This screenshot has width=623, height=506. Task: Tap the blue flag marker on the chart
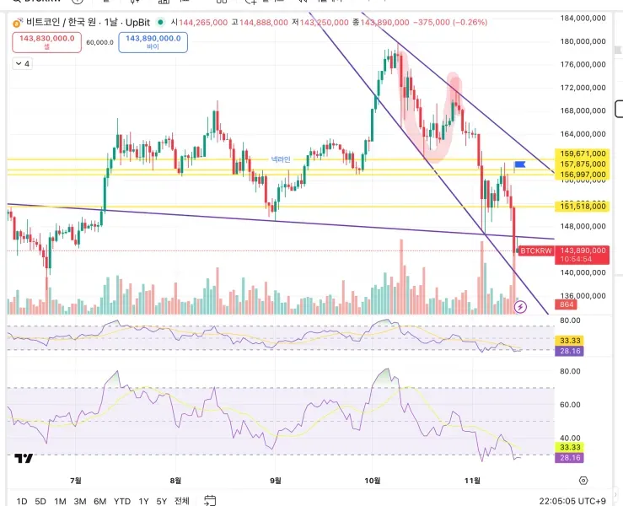pyautogui.click(x=519, y=164)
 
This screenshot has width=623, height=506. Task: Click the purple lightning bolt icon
pyautogui.click(x=520, y=307)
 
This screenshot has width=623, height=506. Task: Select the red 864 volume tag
pyautogui.click(x=565, y=304)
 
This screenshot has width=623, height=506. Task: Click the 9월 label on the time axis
pyautogui.click(x=274, y=480)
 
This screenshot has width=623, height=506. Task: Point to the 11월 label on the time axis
pyautogui.click(x=473, y=480)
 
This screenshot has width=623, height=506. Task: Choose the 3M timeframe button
pyautogui.click(x=80, y=501)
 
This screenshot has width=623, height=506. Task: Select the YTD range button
pyautogui.click(x=122, y=501)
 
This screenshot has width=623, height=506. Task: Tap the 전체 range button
pyautogui.click(x=181, y=501)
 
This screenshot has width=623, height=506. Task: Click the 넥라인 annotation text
pyautogui.click(x=281, y=159)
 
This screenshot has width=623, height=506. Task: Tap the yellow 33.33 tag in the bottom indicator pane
pyautogui.click(x=571, y=447)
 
